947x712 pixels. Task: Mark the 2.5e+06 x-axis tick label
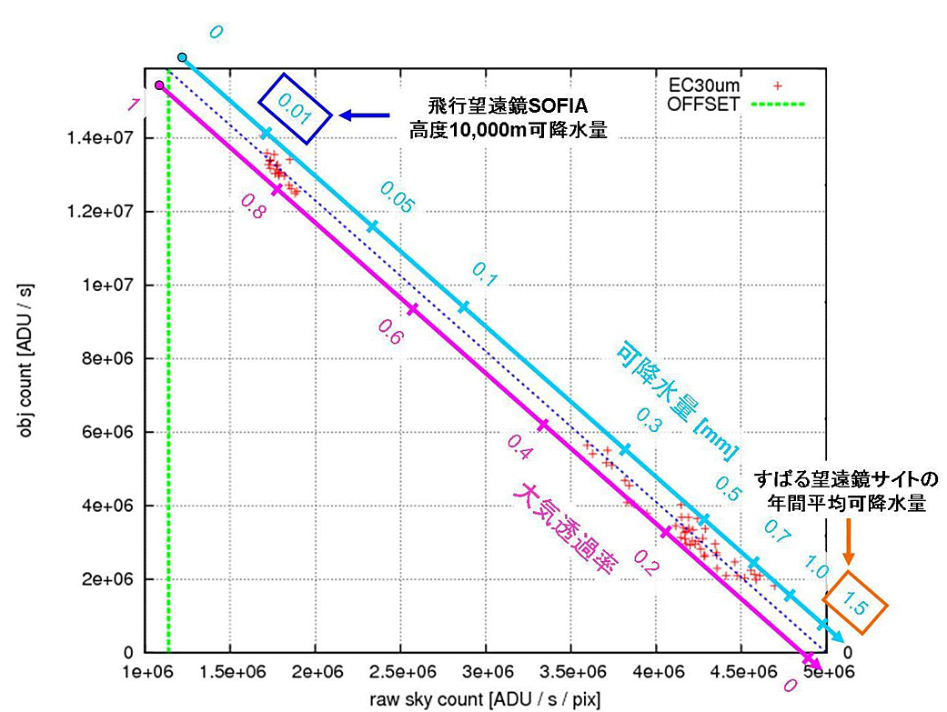(400, 675)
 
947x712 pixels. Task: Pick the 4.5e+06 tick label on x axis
(741, 675)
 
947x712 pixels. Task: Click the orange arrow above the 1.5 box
(848, 538)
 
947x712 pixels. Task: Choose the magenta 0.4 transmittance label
(519, 445)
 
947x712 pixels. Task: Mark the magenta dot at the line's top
(159, 85)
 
